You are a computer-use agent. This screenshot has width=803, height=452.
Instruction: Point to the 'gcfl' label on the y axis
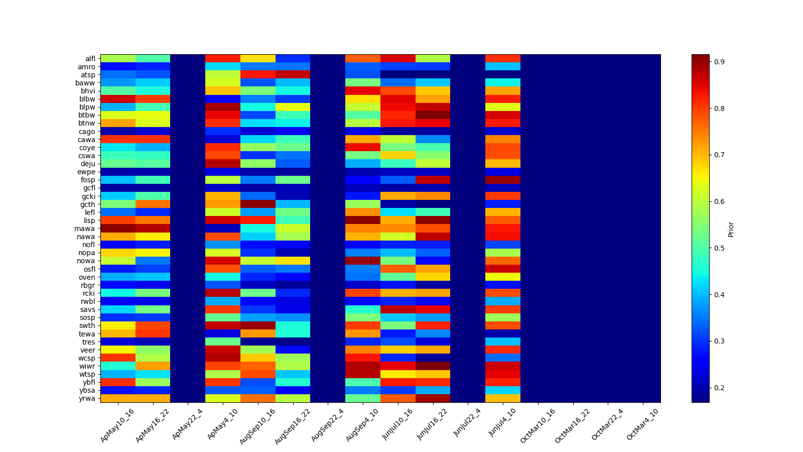(x=89, y=188)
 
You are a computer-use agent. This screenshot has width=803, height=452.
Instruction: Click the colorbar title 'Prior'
(x=731, y=229)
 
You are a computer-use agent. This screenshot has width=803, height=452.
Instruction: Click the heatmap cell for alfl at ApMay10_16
(x=118, y=58)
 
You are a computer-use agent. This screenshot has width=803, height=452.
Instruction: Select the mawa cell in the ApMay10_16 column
(x=118, y=229)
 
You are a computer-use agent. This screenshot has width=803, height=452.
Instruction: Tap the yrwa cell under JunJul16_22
(x=433, y=398)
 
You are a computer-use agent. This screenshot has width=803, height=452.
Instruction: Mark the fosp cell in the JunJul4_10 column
(x=503, y=180)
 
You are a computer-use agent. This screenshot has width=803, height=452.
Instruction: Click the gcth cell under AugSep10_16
(x=258, y=204)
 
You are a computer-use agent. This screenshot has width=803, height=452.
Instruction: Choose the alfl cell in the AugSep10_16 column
(x=258, y=58)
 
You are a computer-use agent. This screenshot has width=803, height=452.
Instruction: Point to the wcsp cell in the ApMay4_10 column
(x=223, y=358)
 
